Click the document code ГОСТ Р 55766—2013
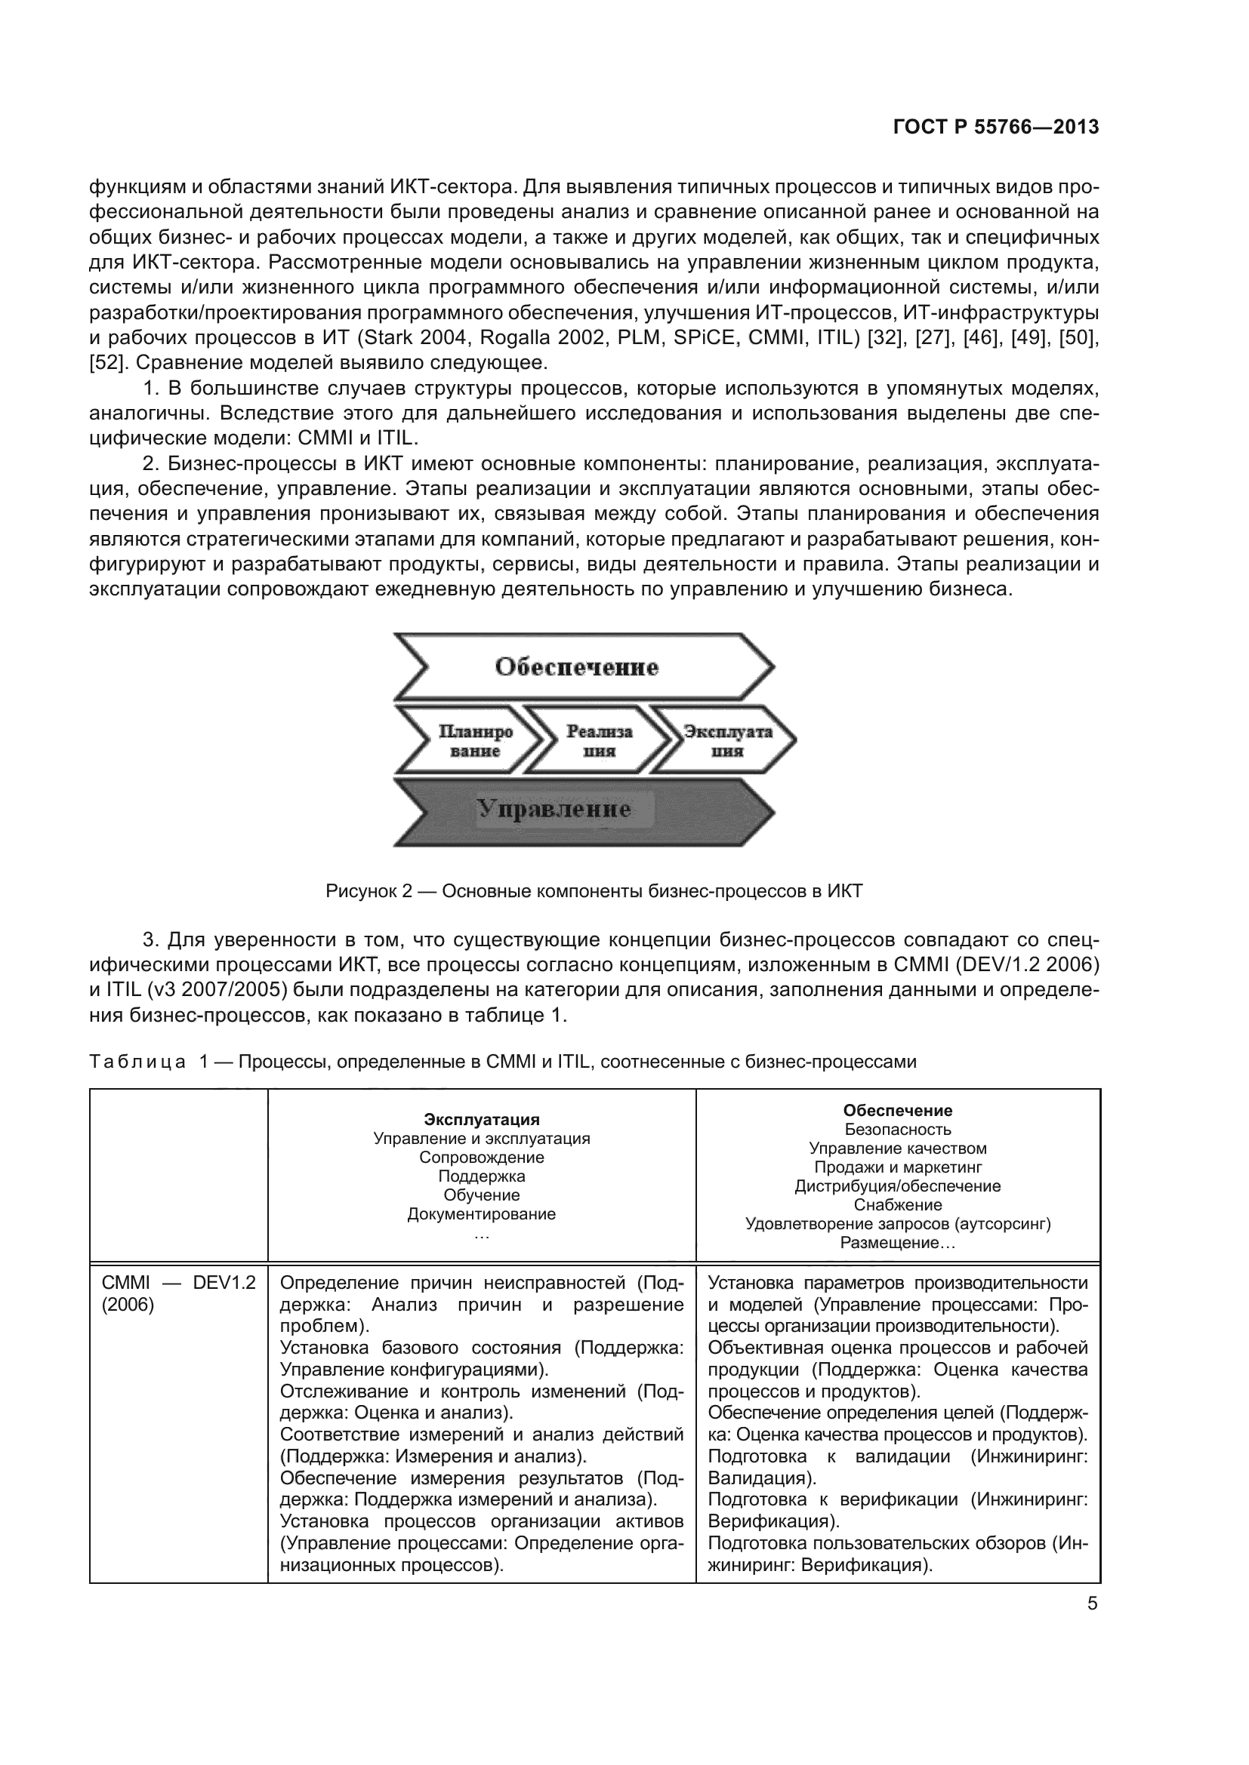996,127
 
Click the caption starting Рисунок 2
594,891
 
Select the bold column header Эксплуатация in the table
482,1119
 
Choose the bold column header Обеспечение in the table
898,1110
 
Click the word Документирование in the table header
482,1214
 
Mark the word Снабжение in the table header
898,1204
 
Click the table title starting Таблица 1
503,1062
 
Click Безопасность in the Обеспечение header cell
898,1130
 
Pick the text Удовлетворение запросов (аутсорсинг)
898,1224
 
